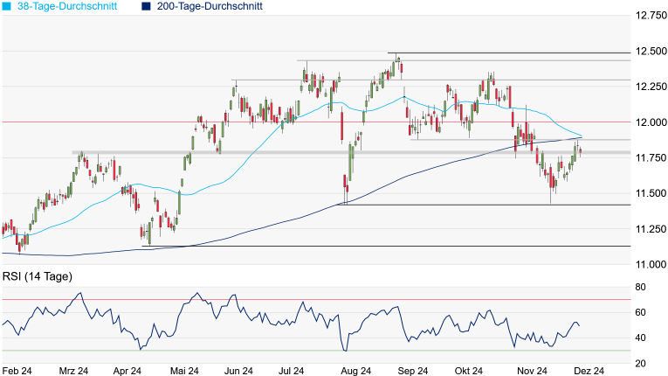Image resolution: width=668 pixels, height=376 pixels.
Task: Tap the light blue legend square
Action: pyautogui.click(x=7, y=6)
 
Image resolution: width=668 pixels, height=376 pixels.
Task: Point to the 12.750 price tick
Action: pyautogui.click(x=650, y=16)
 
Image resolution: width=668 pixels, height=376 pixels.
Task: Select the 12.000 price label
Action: pyautogui.click(x=650, y=122)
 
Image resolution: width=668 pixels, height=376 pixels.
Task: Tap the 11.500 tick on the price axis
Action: pyautogui.click(x=650, y=192)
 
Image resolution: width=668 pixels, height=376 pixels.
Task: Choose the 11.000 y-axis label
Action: pyautogui.click(x=650, y=263)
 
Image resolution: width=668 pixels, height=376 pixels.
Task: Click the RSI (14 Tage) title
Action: pyautogui.click(x=38, y=277)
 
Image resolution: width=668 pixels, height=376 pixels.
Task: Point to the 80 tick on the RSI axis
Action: pyautogui.click(x=640, y=287)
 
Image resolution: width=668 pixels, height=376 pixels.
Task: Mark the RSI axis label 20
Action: pyautogui.click(x=640, y=363)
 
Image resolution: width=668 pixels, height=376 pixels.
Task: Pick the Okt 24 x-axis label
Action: pyautogui.click(x=468, y=371)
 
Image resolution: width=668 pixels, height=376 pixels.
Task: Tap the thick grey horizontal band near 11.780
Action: pyautogui.click(x=262, y=153)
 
